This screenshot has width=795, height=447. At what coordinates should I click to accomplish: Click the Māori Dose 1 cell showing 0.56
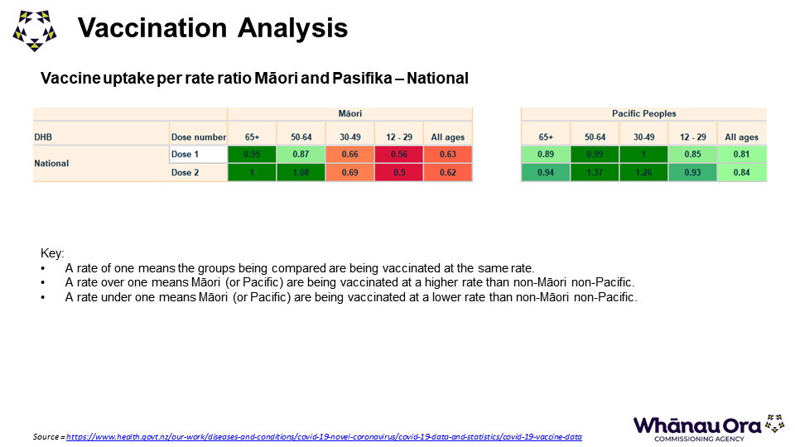click(398, 154)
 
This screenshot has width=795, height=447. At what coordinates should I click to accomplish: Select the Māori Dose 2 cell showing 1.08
click(301, 172)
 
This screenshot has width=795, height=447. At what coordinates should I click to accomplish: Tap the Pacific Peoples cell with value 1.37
click(595, 172)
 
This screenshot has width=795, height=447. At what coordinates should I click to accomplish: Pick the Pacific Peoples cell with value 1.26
click(643, 172)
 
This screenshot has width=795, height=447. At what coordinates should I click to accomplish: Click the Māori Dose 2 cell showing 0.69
click(349, 172)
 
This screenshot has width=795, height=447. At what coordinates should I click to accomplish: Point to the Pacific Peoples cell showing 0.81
click(741, 154)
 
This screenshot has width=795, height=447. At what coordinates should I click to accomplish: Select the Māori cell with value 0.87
click(301, 154)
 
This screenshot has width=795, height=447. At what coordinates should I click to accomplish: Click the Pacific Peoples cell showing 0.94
click(546, 172)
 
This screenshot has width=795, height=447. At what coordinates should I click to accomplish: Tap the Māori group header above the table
click(349, 113)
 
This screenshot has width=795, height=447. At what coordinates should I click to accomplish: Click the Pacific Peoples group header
click(643, 113)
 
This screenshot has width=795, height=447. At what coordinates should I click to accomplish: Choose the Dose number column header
click(198, 137)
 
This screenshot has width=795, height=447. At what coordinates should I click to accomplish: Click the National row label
click(51, 163)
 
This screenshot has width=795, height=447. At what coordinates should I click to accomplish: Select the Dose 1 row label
click(185, 154)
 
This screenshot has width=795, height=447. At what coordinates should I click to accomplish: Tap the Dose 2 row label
click(185, 172)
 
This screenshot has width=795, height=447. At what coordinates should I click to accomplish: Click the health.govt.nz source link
click(324, 436)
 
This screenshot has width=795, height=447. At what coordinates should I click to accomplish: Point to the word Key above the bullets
click(52, 253)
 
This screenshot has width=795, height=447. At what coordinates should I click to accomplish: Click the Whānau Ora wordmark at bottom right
click(696, 425)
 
